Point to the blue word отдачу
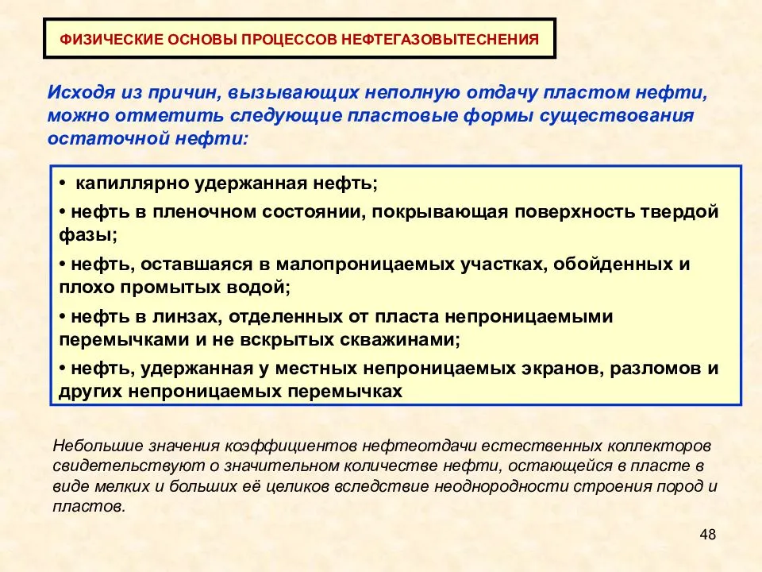tap(502, 92)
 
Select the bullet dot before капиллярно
tap(62, 184)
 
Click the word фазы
tap(86, 235)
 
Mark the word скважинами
tap(395, 339)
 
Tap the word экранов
tap(562, 369)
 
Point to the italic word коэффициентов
tap(291, 446)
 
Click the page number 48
tap(707, 535)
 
